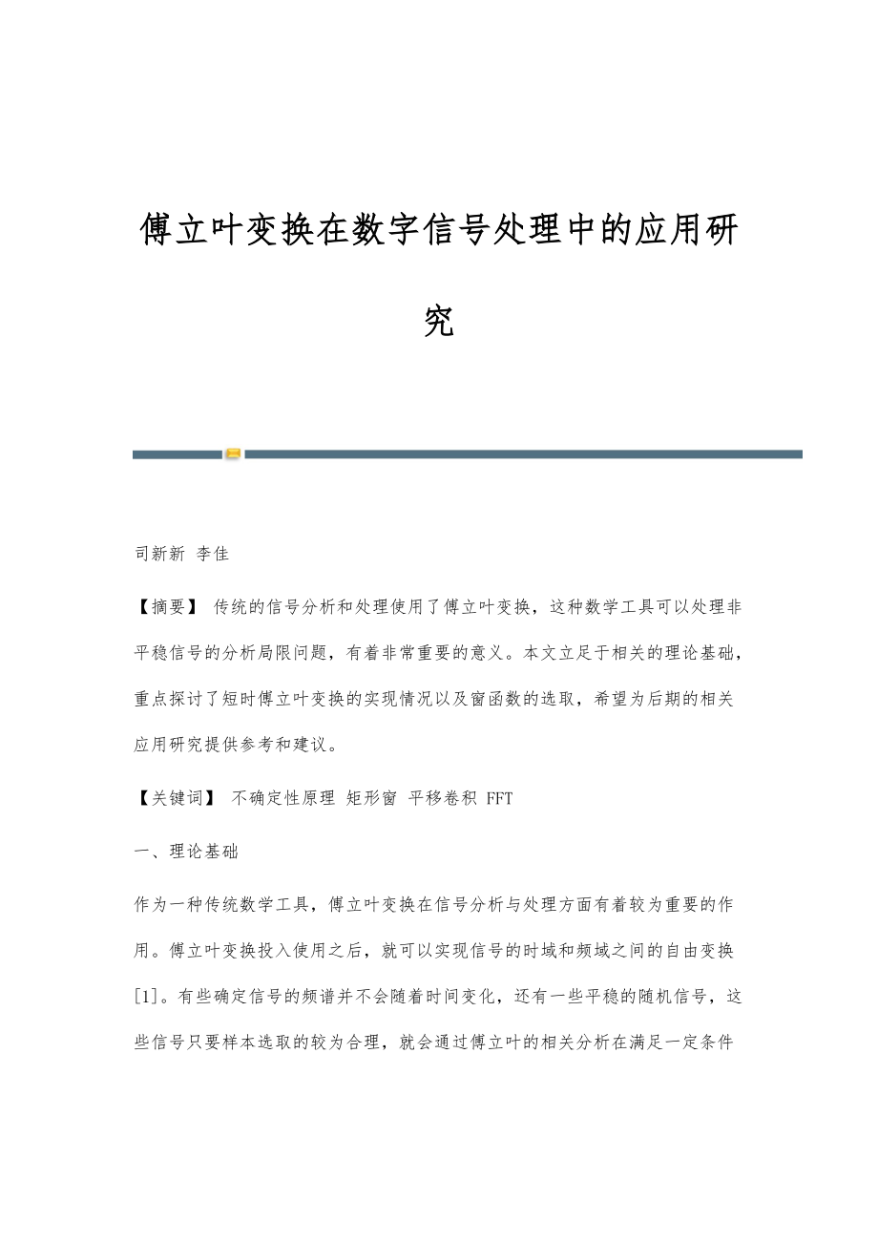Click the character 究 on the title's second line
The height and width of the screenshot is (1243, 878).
point(439,322)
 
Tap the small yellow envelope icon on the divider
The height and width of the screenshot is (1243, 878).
point(233,454)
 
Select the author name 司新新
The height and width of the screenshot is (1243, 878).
point(159,554)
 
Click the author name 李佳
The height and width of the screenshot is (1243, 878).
point(212,554)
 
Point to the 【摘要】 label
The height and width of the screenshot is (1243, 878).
point(166,606)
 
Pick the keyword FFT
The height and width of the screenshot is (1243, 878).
point(499,798)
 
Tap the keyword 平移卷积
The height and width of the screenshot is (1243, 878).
point(442,798)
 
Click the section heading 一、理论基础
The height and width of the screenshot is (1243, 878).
point(186,851)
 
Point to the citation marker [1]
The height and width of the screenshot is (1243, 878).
point(149,997)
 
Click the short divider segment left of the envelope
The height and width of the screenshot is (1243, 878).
point(178,454)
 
